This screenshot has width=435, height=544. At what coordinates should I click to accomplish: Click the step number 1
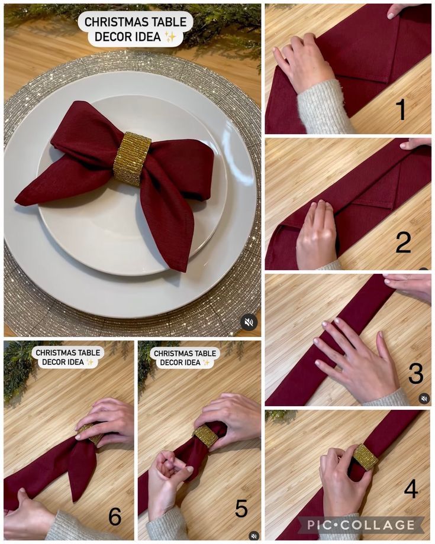coord(401,109)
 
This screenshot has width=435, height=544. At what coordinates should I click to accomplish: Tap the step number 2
coord(403,242)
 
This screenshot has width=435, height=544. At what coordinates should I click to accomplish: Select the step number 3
coord(415,373)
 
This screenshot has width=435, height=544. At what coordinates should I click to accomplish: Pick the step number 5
coord(241,509)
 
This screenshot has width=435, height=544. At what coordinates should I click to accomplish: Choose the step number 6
coord(115,517)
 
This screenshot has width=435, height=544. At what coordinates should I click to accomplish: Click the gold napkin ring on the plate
coord(132,158)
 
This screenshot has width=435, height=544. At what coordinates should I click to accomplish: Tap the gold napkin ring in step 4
coord(365,458)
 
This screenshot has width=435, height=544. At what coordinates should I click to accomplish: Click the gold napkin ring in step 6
coord(89,433)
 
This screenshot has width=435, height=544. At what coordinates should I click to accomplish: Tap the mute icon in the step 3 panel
coord(424,399)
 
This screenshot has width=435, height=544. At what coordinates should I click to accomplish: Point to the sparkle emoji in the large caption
coord(170,36)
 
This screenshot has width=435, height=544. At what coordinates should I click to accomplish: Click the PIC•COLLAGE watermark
coord(361,525)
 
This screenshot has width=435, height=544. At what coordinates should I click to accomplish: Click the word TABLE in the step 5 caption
coord(204,353)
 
